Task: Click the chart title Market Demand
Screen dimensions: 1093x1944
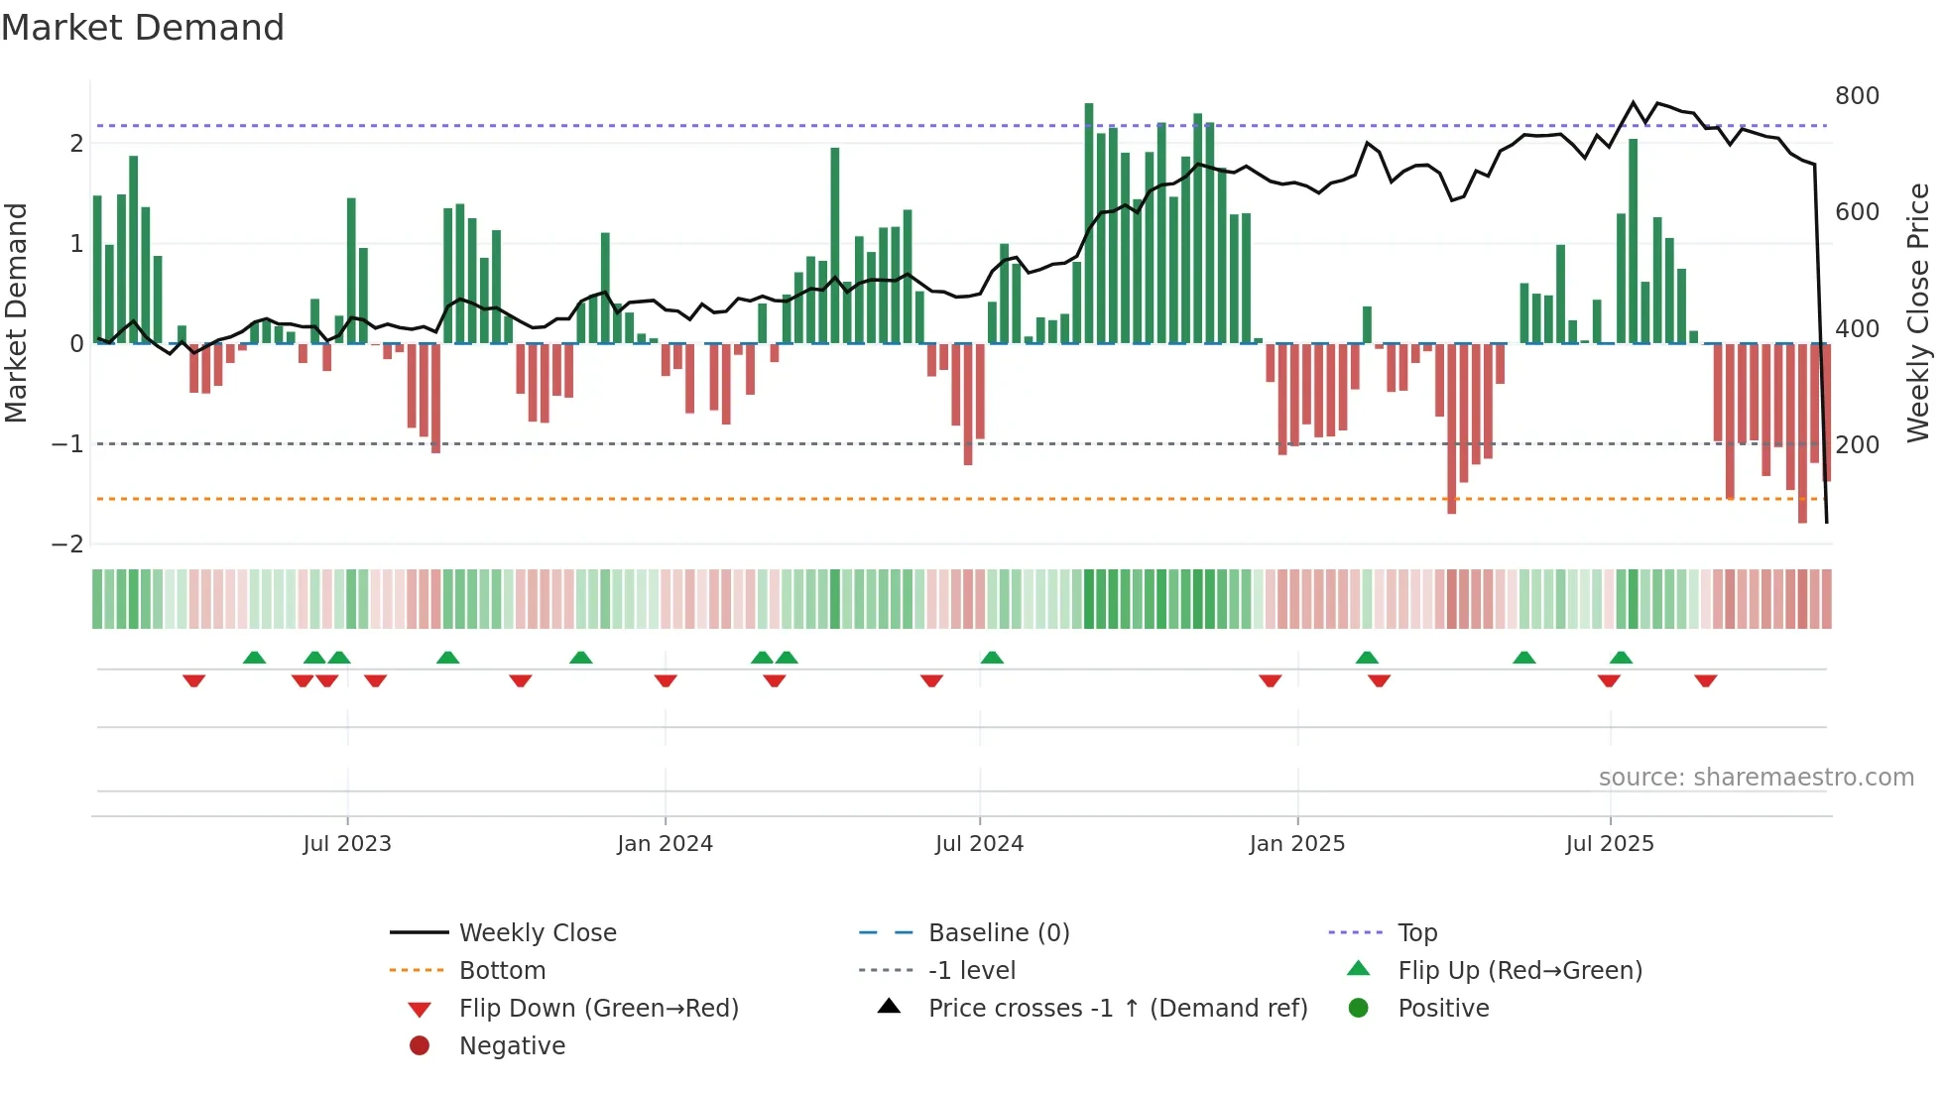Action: click(x=143, y=28)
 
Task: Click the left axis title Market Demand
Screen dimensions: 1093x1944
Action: click(x=17, y=312)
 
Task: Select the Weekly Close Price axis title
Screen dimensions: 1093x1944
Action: click(x=1918, y=312)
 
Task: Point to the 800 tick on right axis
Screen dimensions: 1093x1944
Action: click(x=1857, y=96)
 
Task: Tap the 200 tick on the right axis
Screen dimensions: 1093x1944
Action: click(x=1857, y=444)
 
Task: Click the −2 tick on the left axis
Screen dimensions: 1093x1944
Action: click(x=67, y=544)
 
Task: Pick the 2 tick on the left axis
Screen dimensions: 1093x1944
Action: click(x=76, y=143)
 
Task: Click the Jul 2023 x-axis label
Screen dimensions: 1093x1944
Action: click(x=347, y=844)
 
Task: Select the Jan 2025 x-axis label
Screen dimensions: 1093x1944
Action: click(x=1296, y=844)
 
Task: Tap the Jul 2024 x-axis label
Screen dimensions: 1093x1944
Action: click(x=979, y=844)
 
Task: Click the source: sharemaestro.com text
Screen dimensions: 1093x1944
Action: click(x=1756, y=778)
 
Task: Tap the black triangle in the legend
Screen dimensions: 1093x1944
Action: click(x=889, y=1007)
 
